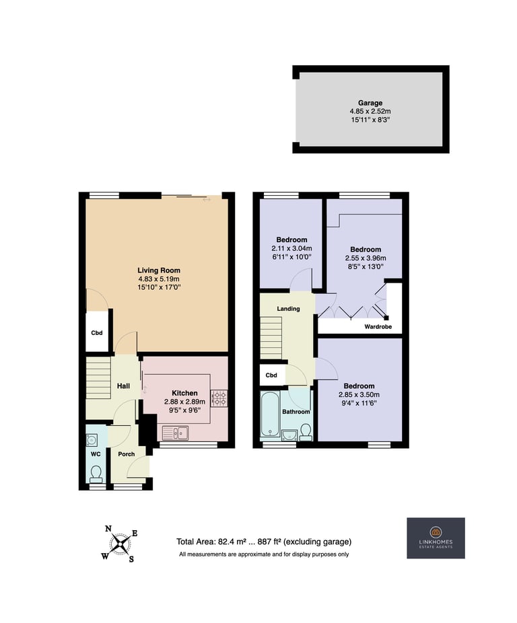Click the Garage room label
tap(370, 103)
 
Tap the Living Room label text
tap(159, 270)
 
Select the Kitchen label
tap(184, 393)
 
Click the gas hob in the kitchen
tap(219, 398)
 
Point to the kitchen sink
tap(175, 433)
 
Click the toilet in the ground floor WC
tap(96, 473)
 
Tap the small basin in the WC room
tap(92, 440)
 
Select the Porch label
tap(127, 453)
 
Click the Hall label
tap(123, 386)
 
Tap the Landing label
tap(288, 309)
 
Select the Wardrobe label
tap(378, 326)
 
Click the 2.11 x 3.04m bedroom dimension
tap(291, 248)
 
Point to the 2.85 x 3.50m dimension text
tap(359, 394)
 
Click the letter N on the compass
tap(108, 528)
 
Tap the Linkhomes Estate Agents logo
tap(436, 538)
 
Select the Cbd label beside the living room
tap(97, 333)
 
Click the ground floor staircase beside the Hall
tap(98, 378)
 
